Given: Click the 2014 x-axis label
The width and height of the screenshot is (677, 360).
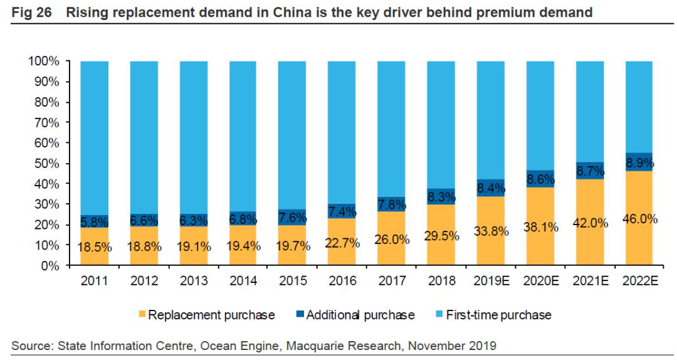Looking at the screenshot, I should point(244,281).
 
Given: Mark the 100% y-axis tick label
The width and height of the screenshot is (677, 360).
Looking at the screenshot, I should point(43,61).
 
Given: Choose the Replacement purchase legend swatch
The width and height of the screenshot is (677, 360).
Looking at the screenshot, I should point(141,314).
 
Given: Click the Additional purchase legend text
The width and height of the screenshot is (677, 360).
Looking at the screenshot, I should point(360,315).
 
